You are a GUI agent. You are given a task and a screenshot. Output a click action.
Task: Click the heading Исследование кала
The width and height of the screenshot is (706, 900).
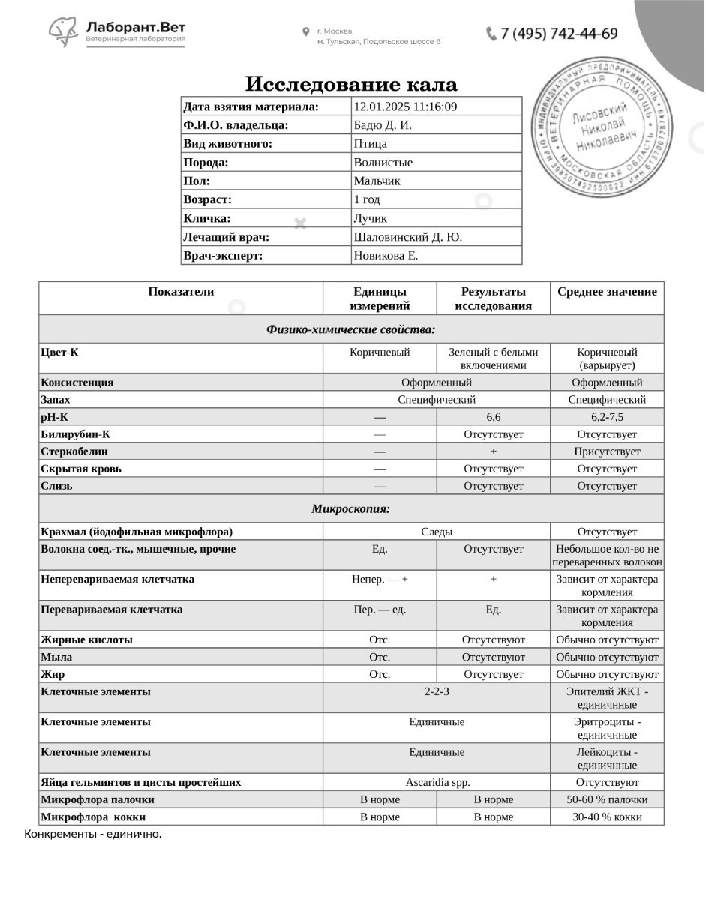click(x=351, y=84)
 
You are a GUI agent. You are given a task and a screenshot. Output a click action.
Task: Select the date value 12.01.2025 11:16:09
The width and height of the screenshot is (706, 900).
click(x=405, y=106)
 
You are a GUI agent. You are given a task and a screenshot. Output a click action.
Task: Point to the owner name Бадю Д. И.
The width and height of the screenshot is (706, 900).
click(x=382, y=125)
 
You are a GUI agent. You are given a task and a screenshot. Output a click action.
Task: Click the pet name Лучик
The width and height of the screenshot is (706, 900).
click(x=370, y=218)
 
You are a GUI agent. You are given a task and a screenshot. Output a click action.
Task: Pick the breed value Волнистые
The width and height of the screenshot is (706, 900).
click(x=383, y=162)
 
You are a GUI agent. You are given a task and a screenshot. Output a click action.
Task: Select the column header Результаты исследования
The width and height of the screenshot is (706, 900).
click(x=493, y=298)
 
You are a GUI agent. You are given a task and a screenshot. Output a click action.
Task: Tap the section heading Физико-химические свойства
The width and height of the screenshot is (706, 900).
click(x=351, y=329)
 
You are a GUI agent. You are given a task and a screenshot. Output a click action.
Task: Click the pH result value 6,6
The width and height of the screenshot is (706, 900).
click(x=493, y=417)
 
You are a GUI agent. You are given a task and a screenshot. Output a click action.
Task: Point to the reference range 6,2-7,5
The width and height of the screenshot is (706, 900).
click(x=607, y=417)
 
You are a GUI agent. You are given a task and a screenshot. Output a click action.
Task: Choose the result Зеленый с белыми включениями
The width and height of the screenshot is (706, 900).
click(x=493, y=358)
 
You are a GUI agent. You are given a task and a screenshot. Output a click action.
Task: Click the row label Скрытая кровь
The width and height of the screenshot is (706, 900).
click(x=81, y=469)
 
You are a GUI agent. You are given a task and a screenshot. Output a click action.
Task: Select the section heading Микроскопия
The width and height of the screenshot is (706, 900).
click(x=351, y=509)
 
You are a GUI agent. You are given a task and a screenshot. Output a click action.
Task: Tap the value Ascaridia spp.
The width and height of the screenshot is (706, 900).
click(x=437, y=782)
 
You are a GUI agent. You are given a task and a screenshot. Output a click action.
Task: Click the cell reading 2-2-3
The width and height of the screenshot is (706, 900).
click(x=437, y=691)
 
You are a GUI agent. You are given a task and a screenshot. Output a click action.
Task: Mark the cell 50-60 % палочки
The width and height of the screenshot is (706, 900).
click(x=607, y=799)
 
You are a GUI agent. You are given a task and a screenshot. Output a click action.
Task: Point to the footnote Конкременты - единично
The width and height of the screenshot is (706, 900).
click(x=93, y=834)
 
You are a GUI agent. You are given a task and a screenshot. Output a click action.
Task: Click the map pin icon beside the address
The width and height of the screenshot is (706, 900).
click(x=306, y=31)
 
